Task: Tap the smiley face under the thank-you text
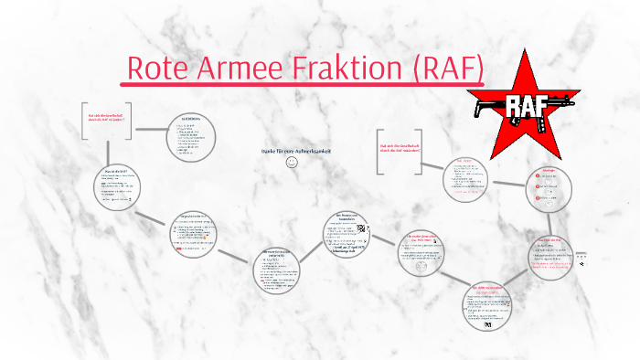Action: [x=292, y=162]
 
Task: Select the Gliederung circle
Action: [x=191, y=136]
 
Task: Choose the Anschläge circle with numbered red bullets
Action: [x=549, y=188]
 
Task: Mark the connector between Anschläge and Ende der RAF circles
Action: [x=552, y=220]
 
